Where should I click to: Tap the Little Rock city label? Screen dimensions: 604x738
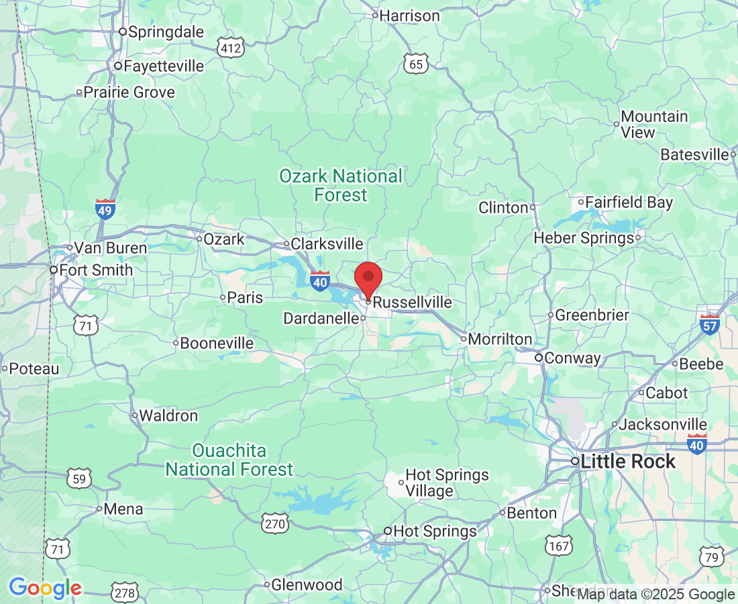click(x=627, y=462)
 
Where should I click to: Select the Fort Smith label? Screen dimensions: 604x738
click(x=95, y=270)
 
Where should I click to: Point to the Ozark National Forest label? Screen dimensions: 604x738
click(x=341, y=186)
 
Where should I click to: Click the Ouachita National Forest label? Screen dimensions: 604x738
click(x=229, y=460)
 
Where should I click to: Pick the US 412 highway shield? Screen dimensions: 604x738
click(x=229, y=48)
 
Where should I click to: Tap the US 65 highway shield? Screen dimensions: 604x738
click(x=416, y=64)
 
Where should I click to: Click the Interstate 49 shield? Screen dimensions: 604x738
click(x=105, y=209)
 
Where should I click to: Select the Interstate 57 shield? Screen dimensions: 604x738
click(x=709, y=324)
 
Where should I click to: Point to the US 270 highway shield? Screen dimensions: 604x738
click(x=276, y=523)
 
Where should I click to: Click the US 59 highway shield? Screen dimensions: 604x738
click(x=79, y=479)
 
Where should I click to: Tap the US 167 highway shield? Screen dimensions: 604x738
click(x=558, y=546)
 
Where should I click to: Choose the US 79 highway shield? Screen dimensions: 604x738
click(x=711, y=556)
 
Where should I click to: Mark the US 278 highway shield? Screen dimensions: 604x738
click(x=125, y=593)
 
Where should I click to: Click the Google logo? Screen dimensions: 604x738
click(x=45, y=588)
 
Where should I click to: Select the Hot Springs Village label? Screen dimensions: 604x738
click(x=447, y=483)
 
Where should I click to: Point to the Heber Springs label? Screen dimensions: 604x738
click(x=584, y=238)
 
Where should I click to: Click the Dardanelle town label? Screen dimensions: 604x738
click(x=321, y=318)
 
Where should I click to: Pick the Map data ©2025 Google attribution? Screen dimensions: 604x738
click(x=655, y=594)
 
